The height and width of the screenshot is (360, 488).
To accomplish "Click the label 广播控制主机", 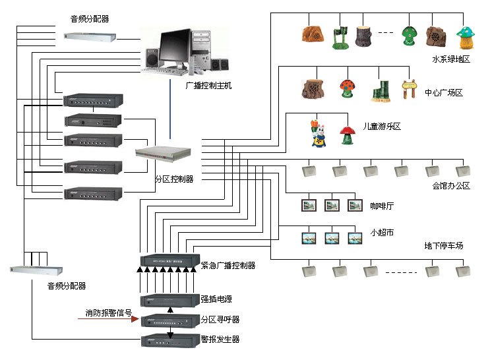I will tap(209, 86).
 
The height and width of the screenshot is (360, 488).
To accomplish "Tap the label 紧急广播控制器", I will tap(228, 265).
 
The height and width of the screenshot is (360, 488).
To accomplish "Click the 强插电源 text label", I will tap(216, 299).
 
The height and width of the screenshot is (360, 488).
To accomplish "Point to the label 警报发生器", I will tap(220, 339).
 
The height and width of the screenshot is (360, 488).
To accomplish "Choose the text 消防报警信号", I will tap(109, 313).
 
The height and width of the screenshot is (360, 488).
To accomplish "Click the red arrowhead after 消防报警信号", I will tap(136, 320).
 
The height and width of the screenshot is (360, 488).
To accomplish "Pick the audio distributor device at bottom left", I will tap(38, 270).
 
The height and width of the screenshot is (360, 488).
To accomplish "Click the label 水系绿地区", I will tap(451, 59).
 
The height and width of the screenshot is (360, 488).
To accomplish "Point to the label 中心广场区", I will tap(444, 93).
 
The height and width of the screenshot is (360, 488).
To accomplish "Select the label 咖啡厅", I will tap(382, 206).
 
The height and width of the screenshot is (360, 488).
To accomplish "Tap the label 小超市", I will tap(382, 233).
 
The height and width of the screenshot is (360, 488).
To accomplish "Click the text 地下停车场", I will tap(444, 246).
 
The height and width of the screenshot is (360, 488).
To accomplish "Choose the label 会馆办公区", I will tap(451, 186).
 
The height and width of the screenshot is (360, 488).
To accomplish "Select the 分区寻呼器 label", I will tap(220, 319).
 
